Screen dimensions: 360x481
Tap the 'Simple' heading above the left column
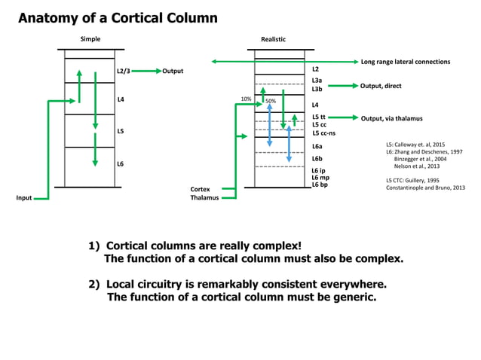[90, 38]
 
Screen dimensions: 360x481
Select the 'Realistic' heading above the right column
[273, 38]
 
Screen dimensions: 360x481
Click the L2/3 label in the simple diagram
[124, 71]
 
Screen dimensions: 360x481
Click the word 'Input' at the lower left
[24, 198]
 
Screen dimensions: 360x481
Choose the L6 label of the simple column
[121, 163]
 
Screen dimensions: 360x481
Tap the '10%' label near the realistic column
[246, 99]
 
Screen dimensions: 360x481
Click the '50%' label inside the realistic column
[271, 101]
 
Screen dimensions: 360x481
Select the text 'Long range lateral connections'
[406, 61]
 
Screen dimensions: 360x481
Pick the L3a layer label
[317, 80]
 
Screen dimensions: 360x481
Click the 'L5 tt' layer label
[318, 117]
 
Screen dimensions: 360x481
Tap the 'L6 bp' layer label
[319, 184]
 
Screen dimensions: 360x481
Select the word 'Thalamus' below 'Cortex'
[204, 198]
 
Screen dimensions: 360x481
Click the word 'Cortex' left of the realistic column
[200, 189]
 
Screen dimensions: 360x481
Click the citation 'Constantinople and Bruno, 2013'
[424, 187]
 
